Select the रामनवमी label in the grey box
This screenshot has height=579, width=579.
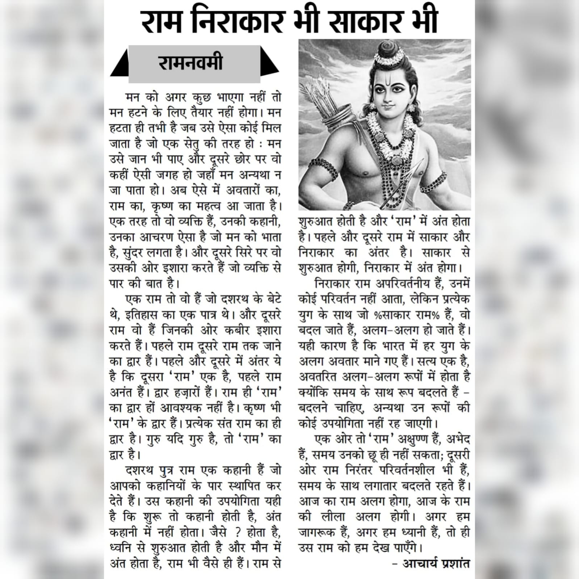point(190,63)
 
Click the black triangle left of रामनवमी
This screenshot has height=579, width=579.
point(120,65)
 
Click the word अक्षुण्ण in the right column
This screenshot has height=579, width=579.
point(415,440)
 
